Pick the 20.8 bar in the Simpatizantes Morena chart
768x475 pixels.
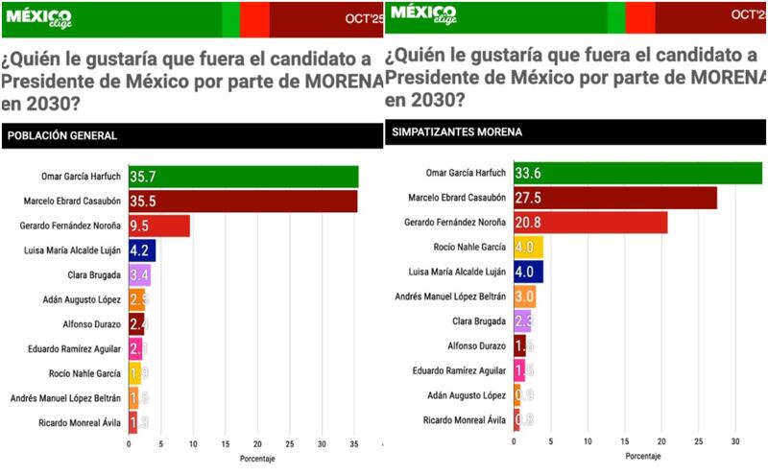click(590, 223)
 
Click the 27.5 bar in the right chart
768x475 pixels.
click(615, 198)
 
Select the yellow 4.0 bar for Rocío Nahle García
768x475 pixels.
click(529, 247)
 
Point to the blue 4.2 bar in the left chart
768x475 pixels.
click(142, 250)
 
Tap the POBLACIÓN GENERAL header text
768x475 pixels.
click(62, 135)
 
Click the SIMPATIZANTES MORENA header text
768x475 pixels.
click(448, 131)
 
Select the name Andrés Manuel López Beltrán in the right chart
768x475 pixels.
click(451, 296)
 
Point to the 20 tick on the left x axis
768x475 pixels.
click(258, 444)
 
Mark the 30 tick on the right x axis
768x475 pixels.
click(735, 441)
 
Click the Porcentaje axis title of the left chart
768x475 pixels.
click(256, 460)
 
